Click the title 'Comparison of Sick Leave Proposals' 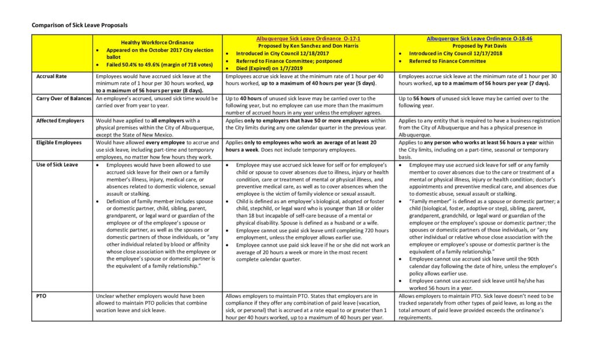(79, 25)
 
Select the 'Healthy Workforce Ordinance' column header (157, 42)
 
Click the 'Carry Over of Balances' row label (63, 98)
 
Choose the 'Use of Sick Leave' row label (57, 164)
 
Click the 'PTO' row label (42, 296)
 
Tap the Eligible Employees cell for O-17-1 (308, 146)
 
